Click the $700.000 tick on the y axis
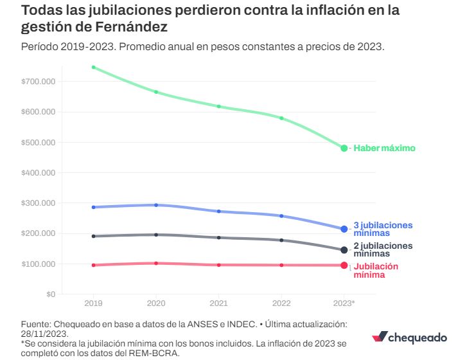point(38,82)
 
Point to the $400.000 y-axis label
point(38,173)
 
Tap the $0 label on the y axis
point(51,294)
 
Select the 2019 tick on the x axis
point(93,302)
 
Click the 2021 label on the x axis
point(218,302)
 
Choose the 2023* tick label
point(344,302)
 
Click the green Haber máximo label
point(385,148)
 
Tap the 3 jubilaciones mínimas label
point(383,229)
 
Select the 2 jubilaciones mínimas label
point(383,249)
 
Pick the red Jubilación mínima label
point(376,270)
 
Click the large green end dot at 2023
point(344,148)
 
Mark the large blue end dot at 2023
point(344,229)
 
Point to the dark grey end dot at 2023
point(344,250)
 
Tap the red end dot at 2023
point(344,265)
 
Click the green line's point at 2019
point(93,67)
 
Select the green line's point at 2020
point(156,92)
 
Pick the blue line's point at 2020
point(156,205)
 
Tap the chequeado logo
point(409,337)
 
